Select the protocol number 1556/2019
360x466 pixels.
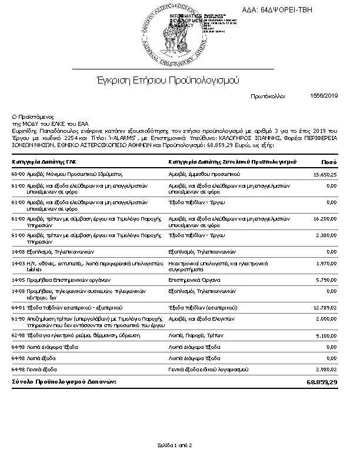(x=324, y=95)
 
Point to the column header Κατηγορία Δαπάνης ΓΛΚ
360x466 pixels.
(x=44, y=161)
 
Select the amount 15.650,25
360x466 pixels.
(x=325, y=175)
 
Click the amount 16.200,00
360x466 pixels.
(x=325, y=218)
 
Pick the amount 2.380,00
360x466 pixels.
(x=326, y=235)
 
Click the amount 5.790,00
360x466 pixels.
(x=326, y=279)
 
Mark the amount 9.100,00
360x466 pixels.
(x=326, y=336)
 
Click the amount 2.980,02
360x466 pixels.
(x=326, y=369)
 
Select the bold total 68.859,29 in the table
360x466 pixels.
(x=322, y=382)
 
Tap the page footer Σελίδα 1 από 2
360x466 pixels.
(x=175, y=445)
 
